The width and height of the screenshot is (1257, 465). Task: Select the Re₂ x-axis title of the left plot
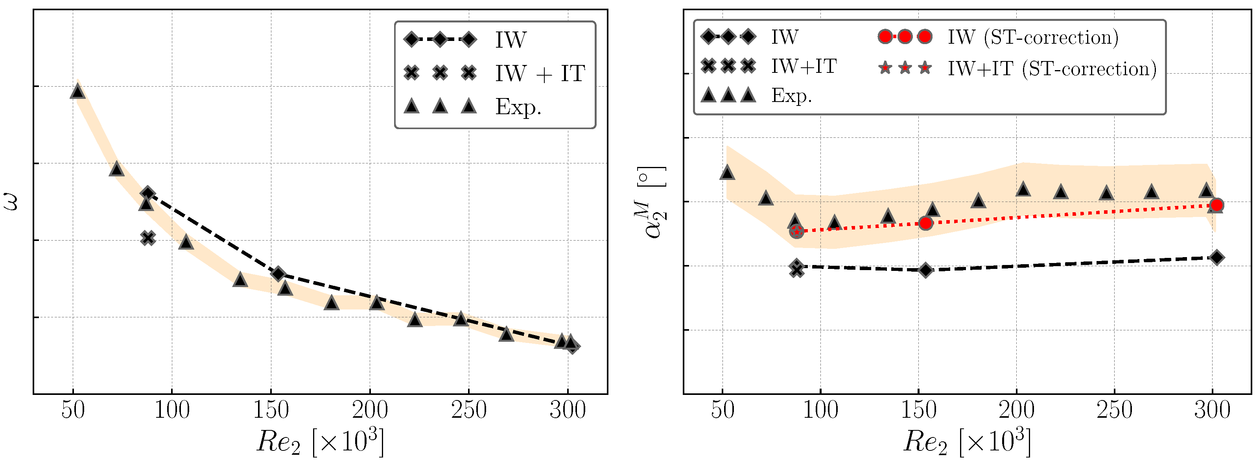pos(320,442)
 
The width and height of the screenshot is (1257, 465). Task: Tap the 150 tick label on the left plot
pos(271,410)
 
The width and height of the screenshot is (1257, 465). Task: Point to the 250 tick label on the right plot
pos(1115,410)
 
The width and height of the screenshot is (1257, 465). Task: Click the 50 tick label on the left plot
pos(73,410)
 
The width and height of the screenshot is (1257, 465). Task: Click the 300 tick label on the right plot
pos(1213,410)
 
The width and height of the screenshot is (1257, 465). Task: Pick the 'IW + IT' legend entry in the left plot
pos(540,73)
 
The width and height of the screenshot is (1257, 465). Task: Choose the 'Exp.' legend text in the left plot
pos(518,106)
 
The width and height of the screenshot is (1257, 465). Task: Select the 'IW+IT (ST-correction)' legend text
pos(1052,69)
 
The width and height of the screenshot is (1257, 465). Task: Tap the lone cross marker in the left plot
pos(148,238)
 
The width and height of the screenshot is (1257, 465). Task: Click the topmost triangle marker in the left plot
pos(77,91)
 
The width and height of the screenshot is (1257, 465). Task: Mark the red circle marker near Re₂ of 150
pos(926,223)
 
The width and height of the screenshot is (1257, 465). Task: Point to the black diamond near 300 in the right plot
pos(1217,258)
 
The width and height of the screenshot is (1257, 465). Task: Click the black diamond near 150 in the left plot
pos(278,274)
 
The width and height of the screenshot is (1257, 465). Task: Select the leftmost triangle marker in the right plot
pos(727,172)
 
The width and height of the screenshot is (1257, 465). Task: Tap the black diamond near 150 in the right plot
pos(926,270)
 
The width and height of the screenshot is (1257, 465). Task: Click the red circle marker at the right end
pos(1217,205)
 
